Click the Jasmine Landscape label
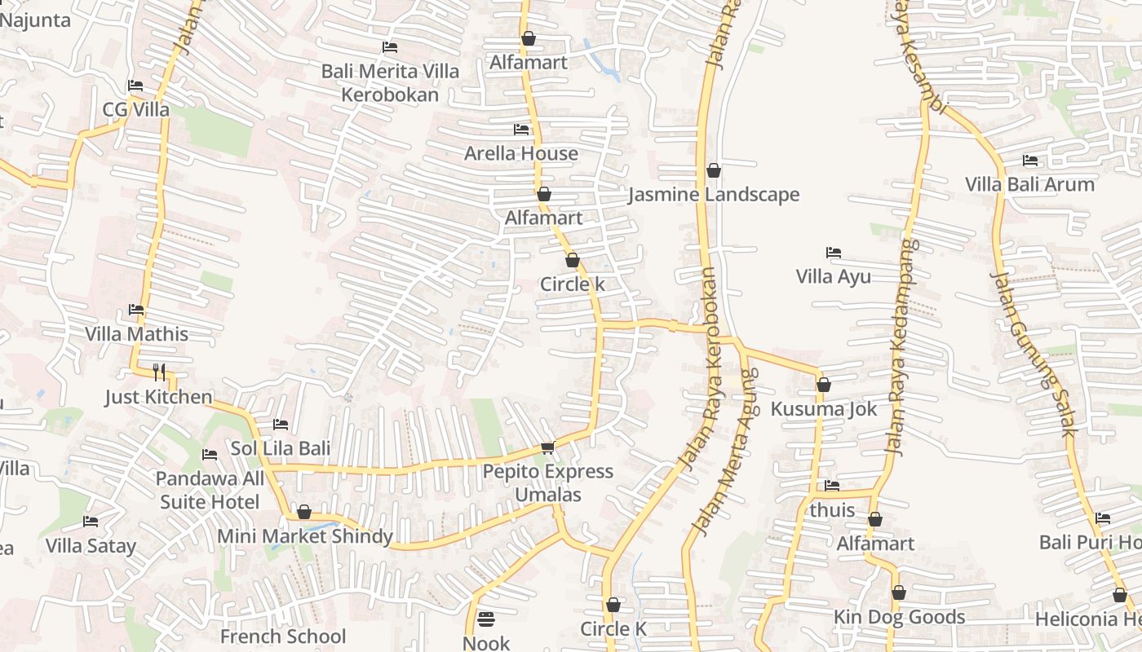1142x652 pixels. [714, 195]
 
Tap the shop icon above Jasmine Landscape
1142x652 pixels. [714, 170]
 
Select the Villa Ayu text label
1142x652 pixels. [833, 276]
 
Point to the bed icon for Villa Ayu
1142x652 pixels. [833, 253]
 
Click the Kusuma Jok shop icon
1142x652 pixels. [824, 385]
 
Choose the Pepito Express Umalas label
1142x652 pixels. [548, 482]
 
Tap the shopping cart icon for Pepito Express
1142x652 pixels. [548, 447]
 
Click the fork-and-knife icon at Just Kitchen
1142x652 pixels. [159, 372]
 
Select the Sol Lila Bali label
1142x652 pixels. [280, 448]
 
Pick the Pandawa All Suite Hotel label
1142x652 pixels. [210, 490]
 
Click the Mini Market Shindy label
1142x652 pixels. [304, 536]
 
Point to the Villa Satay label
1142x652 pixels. [91, 545]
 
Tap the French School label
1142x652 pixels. [283, 636]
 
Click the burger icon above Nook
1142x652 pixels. [486, 619]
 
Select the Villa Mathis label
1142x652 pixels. [136, 334]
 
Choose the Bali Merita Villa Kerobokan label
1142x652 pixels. [390, 82]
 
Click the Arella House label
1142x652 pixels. [521, 153]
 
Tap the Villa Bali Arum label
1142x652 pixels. [1029, 184]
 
